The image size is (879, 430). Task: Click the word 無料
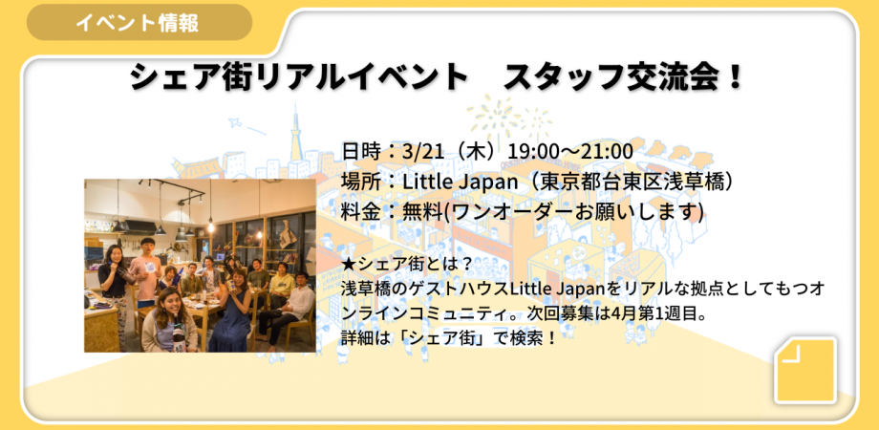(x=425, y=212)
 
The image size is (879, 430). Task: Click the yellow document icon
(x=804, y=370)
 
